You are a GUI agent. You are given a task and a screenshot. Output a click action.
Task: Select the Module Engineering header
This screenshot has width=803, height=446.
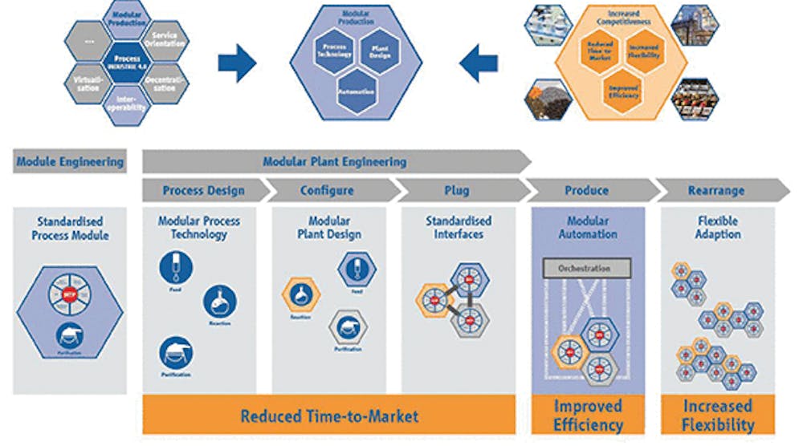pyautogui.click(x=70, y=161)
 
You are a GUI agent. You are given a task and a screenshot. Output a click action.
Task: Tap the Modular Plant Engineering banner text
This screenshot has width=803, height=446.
pyautogui.click(x=335, y=161)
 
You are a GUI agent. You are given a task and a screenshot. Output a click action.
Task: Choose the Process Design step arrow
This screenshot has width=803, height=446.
pyautogui.click(x=204, y=191)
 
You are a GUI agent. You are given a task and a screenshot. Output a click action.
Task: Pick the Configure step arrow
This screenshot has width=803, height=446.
pyautogui.click(x=327, y=191)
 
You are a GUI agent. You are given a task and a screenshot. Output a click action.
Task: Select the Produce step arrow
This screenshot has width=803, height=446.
pyautogui.click(x=587, y=191)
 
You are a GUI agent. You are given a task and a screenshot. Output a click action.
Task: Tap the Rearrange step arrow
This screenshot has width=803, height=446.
pyautogui.click(x=716, y=191)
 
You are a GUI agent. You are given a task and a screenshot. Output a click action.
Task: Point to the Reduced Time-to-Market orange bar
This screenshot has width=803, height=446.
pyautogui.click(x=329, y=416)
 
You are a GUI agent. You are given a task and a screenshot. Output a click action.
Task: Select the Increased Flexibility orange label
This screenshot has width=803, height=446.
pyautogui.click(x=718, y=415)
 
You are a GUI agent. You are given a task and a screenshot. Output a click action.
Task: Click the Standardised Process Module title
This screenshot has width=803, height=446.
pyautogui.click(x=69, y=228)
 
